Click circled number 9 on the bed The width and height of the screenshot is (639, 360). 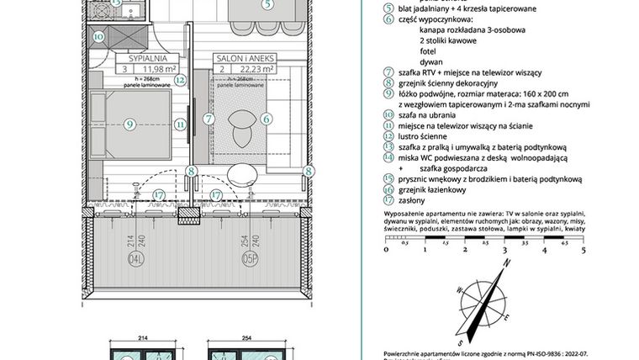point(129,124)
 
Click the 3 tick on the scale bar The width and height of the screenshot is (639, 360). point(504,250)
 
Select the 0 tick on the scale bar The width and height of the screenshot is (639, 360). point(386,250)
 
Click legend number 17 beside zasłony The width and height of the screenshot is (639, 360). point(388,200)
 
